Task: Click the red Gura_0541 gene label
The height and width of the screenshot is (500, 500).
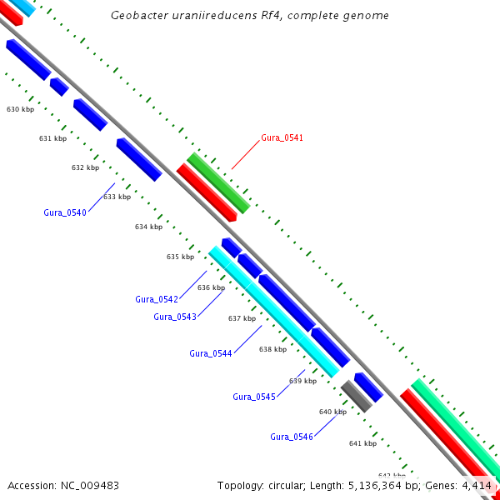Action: [x=282, y=137]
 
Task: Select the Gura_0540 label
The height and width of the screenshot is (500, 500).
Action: [x=65, y=212]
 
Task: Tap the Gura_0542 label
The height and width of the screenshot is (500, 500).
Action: [x=157, y=299]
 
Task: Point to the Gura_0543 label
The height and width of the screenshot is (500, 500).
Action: [x=175, y=317]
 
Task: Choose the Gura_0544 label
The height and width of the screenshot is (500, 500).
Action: [x=211, y=353]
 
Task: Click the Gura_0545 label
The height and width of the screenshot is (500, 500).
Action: [x=254, y=397]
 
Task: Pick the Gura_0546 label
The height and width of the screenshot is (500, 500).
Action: [x=292, y=437]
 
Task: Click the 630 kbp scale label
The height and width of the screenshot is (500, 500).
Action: [x=20, y=110]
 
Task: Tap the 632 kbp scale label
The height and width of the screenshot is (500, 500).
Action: [x=85, y=167]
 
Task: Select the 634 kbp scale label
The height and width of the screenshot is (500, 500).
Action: [x=148, y=227]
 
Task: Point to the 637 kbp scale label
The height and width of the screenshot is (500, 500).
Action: [x=242, y=318]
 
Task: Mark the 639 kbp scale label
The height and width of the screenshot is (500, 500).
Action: [x=302, y=381]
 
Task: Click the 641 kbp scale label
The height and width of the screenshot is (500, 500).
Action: [x=362, y=443]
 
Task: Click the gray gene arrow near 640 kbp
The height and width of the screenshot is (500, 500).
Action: [x=356, y=395]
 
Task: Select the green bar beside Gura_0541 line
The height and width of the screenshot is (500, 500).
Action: [x=218, y=183]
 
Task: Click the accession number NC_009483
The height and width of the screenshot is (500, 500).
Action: [x=88, y=485]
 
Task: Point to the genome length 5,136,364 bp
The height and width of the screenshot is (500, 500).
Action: [x=371, y=485]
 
